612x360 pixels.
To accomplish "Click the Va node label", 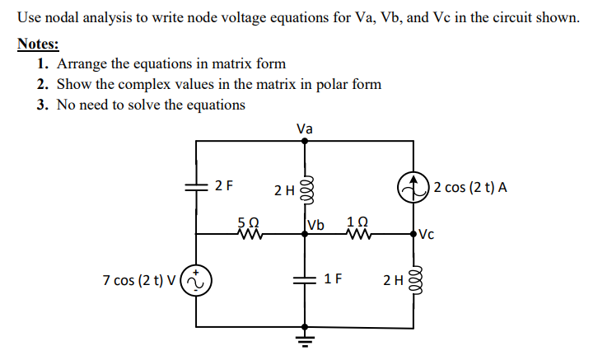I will [x=305, y=129].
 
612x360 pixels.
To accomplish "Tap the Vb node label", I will [x=315, y=225].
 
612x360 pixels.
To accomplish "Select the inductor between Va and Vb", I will [x=305, y=189].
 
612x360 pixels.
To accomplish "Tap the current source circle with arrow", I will [x=413, y=188].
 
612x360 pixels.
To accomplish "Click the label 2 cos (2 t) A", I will [x=470, y=187].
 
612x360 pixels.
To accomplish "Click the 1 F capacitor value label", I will [x=333, y=278].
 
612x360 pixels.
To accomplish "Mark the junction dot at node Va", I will [x=305, y=141].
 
